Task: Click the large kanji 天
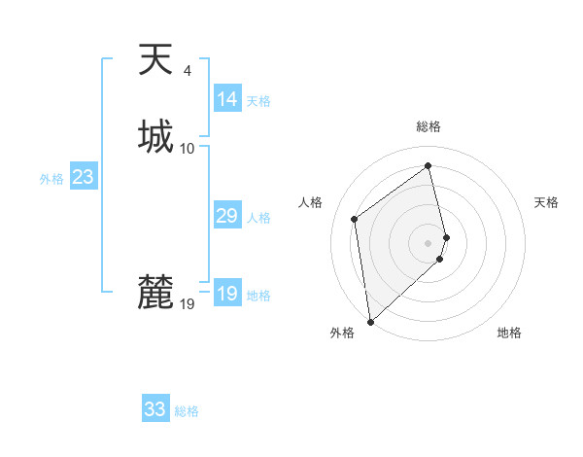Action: click(x=155, y=61)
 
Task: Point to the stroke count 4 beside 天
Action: click(x=187, y=71)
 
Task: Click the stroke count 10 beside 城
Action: click(x=188, y=148)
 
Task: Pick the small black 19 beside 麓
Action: click(x=188, y=304)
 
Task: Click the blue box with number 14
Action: click(x=227, y=99)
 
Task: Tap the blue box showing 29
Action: click(x=227, y=216)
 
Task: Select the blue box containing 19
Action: click(x=227, y=294)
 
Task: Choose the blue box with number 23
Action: click(x=84, y=177)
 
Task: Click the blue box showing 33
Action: click(x=155, y=409)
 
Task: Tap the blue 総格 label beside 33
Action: click(x=187, y=411)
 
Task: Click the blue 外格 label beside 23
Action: click(x=51, y=179)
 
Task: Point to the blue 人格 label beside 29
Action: click(x=259, y=218)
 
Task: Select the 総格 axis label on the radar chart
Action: click(x=429, y=126)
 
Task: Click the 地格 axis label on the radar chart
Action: click(x=509, y=333)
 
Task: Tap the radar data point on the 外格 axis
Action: click(x=369, y=322)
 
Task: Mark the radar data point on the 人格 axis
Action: click(x=355, y=219)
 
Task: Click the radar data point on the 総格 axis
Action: click(x=429, y=165)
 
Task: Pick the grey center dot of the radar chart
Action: click(x=429, y=242)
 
